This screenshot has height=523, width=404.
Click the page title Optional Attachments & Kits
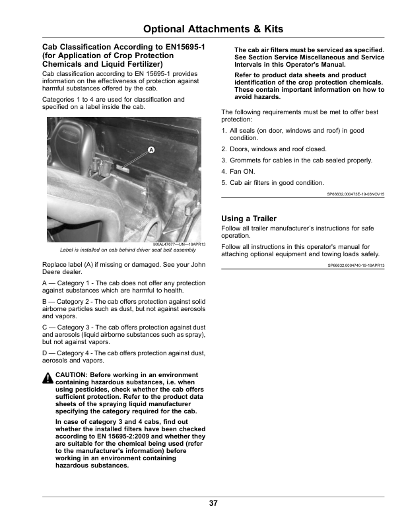213,29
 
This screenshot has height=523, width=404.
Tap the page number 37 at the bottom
213,503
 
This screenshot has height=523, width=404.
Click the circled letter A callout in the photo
151,151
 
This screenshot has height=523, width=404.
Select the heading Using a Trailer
249,219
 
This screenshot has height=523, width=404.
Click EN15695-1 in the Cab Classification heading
180,48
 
